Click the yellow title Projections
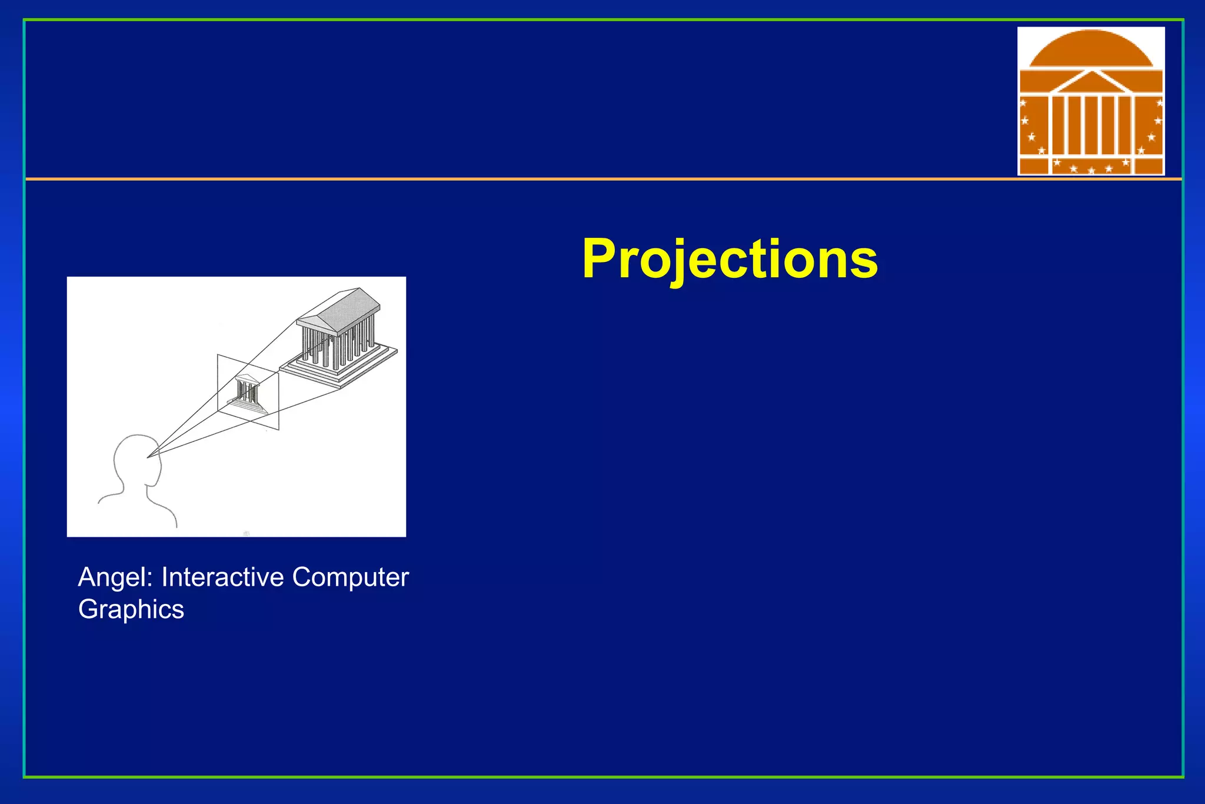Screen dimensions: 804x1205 pos(730,259)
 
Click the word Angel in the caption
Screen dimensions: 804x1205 pos(115,577)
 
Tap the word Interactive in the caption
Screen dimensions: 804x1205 pos(223,577)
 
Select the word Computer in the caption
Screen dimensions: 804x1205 pos(350,577)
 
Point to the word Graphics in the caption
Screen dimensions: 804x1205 pos(131,610)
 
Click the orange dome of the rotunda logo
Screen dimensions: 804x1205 pos(1091,49)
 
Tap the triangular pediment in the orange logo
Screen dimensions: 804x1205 pos(1091,83)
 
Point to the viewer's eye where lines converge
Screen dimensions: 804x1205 pos(148,456)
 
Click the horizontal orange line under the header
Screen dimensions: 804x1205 pos(530,178)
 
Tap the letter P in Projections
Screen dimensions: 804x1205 pos(600,259)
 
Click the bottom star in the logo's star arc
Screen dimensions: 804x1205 pos(1091,171)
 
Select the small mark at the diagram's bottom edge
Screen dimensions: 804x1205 pos(247,533)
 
